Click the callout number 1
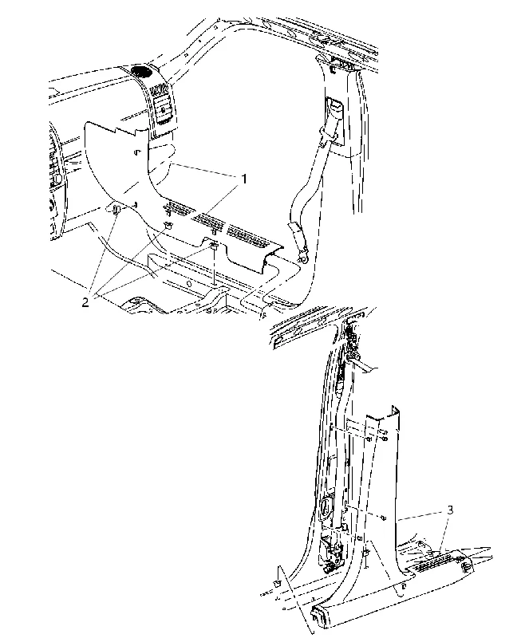coord(244,178)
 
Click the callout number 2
coord(85,302)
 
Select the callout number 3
coord(450,510)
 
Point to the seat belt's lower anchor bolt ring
coord(302,257)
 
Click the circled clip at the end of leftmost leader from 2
coord(115,209)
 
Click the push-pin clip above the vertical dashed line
coord(214,246)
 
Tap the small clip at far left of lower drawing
coord(277,585)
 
